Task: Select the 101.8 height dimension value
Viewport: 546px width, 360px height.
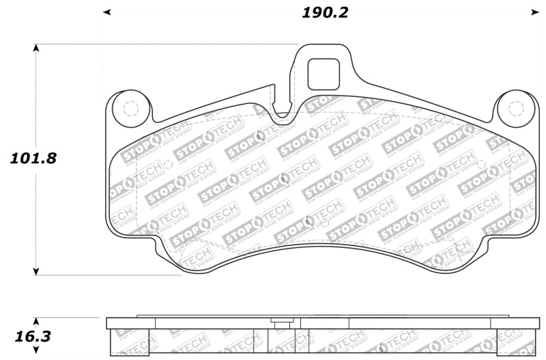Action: tap(33, 158)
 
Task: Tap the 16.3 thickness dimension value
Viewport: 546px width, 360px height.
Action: tap(33, 337)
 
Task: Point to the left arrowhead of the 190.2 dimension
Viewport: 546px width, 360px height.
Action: tap(107, 12)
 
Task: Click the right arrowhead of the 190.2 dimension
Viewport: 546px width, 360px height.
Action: tap(535, 12)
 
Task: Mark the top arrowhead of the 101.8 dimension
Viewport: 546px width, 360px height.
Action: tap(36, 49)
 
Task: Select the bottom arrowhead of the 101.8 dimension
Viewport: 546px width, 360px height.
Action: tap(36, 271)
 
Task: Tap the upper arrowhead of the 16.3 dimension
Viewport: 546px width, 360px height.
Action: tap(36, 321)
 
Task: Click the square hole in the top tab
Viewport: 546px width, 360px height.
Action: tap(324, 74)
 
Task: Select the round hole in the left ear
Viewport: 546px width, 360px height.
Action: tap(129, 108)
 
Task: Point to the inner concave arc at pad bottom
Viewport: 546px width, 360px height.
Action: tap(321, 247)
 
